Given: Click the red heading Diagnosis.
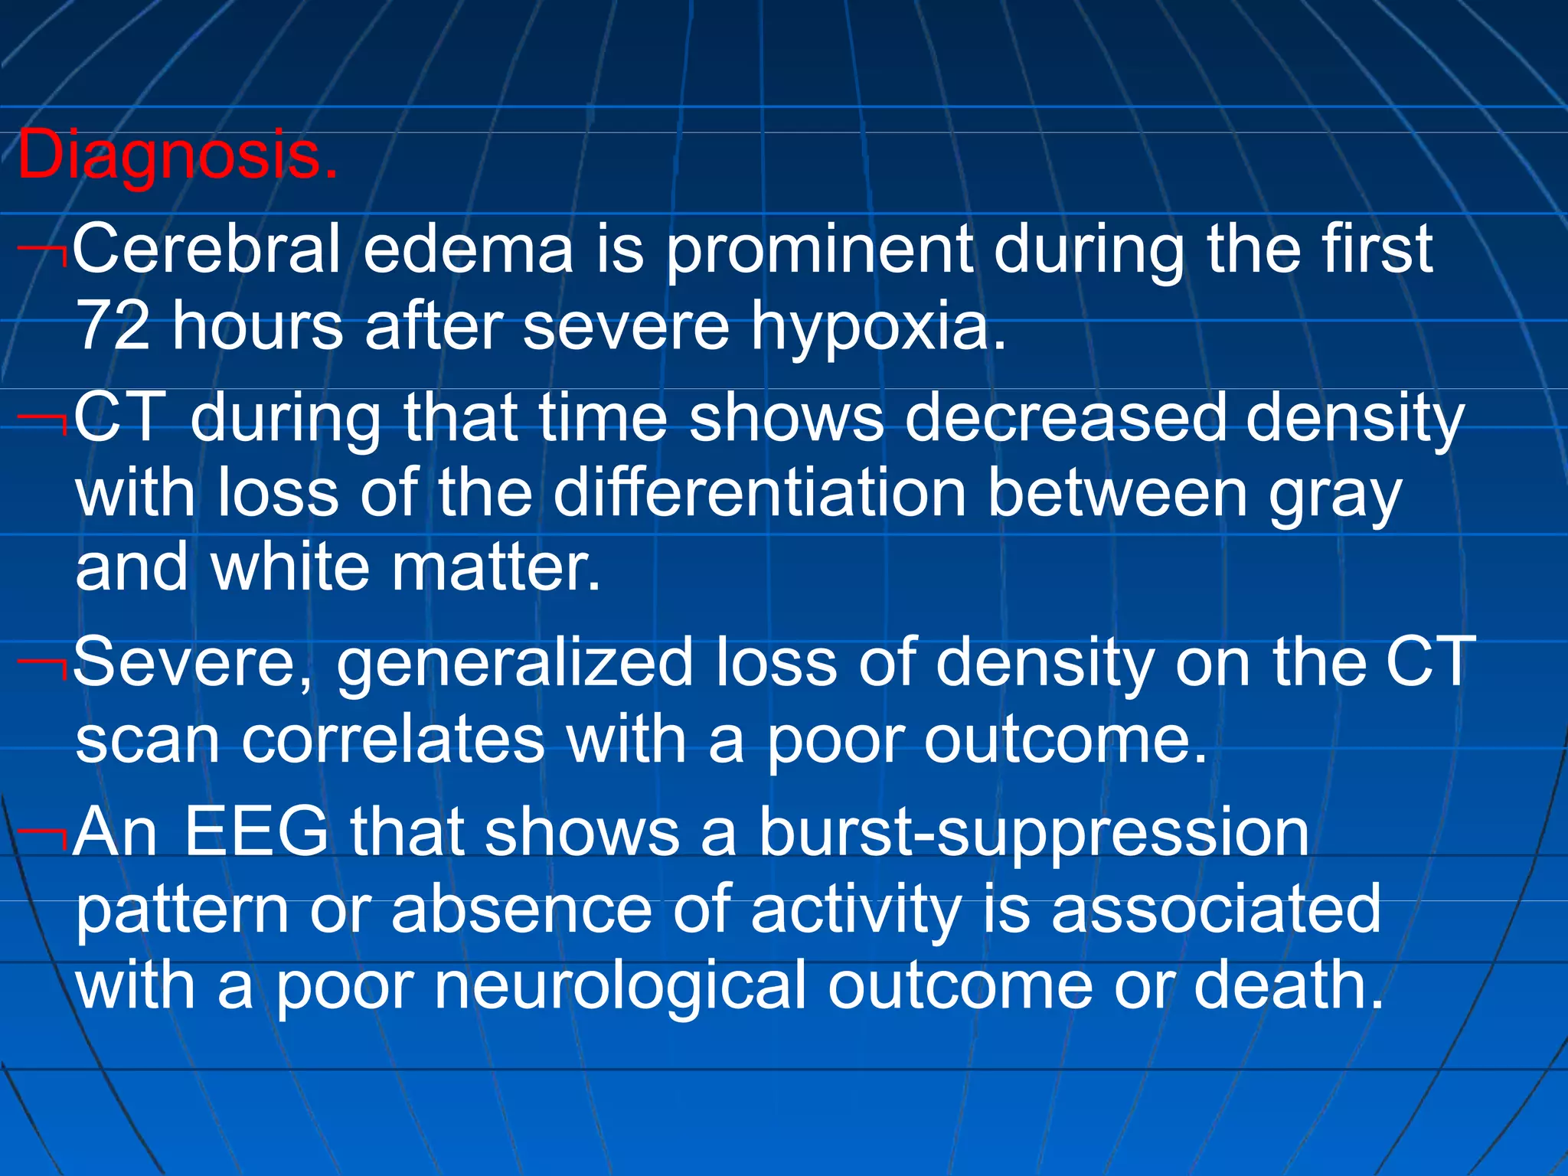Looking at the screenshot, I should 178,155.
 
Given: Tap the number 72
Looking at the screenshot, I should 113,326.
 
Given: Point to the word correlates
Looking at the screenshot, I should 394,740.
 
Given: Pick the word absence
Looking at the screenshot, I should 521,910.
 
